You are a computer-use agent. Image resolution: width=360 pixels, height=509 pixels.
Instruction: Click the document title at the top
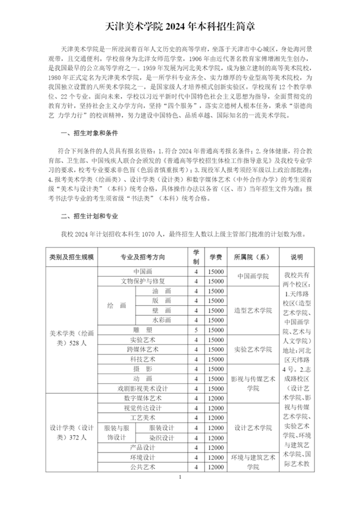(180, 25)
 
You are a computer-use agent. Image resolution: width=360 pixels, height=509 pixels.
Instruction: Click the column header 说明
(297, 257)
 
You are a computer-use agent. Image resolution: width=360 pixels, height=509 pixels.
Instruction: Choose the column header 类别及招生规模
(72, 257)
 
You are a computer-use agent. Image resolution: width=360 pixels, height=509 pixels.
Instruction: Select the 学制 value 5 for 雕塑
(196, 329)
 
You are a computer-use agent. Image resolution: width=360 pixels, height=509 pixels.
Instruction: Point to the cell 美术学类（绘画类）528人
(72, 339)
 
